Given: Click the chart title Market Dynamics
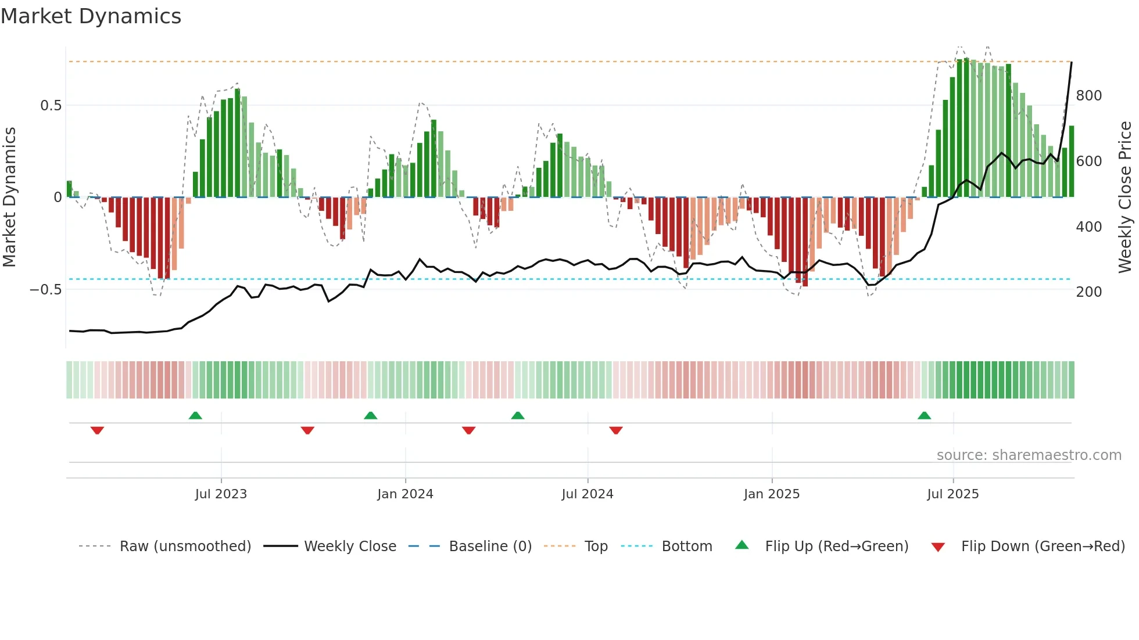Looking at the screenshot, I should [x=91, y=16].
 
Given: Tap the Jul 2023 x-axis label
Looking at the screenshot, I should [x=221, y=494].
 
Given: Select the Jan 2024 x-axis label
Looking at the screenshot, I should [x=405, y=494].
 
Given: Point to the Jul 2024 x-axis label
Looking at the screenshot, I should [x=588, y=494].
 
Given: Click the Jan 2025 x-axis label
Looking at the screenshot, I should [x=772, y=494].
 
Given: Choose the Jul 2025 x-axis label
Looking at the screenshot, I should [x=953, y=494].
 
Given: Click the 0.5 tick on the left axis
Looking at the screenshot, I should [x=51, y=106].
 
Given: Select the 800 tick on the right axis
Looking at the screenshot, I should [x=1089, y=96].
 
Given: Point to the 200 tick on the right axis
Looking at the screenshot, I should [x=1089, y=292].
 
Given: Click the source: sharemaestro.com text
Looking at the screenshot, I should [x=1029, y=455].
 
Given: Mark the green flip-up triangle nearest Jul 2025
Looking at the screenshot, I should [x=924, y=415].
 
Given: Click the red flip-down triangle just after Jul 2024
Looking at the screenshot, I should [x=616, y=430].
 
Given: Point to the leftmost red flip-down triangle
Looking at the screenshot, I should [x=97, y=430].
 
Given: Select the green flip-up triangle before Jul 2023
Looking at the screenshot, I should [x=195, y=415].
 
